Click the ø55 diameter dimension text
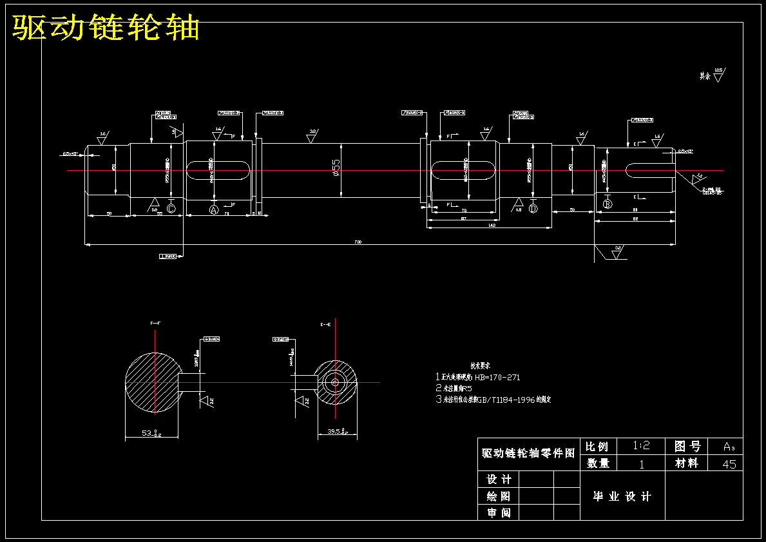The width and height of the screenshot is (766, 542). coord(335,169)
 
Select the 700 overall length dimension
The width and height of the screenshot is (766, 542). coord(358,242)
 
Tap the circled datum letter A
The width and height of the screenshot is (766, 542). coord(215,209)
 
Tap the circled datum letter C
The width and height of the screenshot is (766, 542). coord(171,209)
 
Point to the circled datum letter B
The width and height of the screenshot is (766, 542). coord(607,204)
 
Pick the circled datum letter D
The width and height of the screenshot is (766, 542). coord(533,209)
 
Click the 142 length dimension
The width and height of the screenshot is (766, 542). coord(491,226)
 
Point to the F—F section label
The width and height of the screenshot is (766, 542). coord(155,322)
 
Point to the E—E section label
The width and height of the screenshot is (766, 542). coord(325,325)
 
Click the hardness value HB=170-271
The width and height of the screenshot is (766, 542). coord(497,378)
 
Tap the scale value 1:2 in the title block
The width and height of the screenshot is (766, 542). coord(641,446)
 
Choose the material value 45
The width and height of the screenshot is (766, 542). coord(729,464)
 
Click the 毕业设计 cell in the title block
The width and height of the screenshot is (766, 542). coord(622,496)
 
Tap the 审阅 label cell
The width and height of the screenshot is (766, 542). coord(499,513)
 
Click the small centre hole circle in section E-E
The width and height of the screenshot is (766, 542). coord(336,382)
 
